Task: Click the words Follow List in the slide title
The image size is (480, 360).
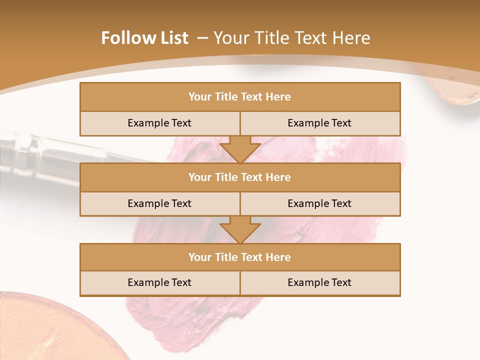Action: [144, 38]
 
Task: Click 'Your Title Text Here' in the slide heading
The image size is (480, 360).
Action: [292, 38]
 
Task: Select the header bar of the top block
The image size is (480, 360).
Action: [240, 97]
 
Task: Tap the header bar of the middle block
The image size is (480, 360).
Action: [240, 177]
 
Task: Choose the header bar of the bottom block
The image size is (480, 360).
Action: [240, 257]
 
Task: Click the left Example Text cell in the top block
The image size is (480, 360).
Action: [159, 123]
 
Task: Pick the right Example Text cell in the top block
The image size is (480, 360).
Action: [319, 123]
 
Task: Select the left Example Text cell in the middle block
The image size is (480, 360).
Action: [159, 204]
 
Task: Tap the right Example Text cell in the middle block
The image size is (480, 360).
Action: [319, 204]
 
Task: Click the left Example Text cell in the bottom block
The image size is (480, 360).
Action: [159, 283]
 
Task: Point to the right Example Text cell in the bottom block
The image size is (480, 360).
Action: [319, 283]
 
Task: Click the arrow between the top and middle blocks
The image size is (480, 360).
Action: [240, 149]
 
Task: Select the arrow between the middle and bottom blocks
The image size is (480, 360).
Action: [240, 229]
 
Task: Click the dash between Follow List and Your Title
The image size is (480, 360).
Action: [202, 38]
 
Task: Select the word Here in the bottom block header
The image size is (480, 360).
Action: [278, 257]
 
